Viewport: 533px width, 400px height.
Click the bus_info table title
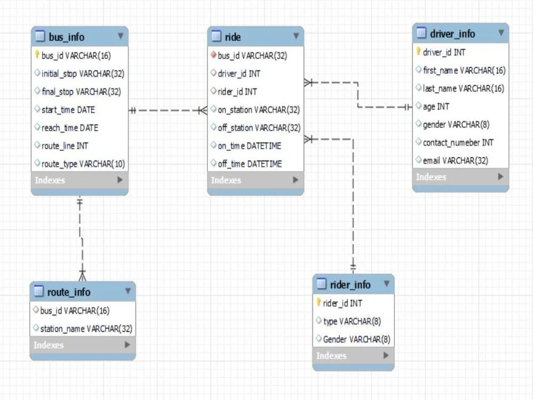pyautogui.click(x=67, y=37)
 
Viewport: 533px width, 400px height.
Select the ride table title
pyautogui.click(x=233, y=37)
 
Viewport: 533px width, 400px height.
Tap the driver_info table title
pyautogui.click(x=453, y=34)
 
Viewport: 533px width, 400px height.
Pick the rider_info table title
pyautogui.click(x=350, y=284)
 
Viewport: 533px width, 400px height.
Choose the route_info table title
pyautogui.click(x=69, y=292)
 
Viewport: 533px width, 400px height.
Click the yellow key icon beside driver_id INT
pyautogui.click(x=418, y=51)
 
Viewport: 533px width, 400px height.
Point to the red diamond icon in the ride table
pyautogui.click(x=214, y=54)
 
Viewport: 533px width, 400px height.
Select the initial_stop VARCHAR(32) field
pyautogui.click(x=83, y=74)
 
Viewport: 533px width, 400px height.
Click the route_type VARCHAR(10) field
pyautogui.click(x=83, y=164)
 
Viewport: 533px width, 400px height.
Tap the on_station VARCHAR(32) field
pyautogui.click(x=259, y=110)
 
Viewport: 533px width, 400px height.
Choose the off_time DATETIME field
pyautogui.click(x=250, y=164)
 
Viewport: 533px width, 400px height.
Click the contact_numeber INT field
pyautogui.click(x=458, y=142)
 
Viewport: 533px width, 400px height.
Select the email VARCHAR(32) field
pyautogui.click(x=456, y=161)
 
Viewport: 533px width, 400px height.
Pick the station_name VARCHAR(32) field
pyautogui.click(x=86, y=329)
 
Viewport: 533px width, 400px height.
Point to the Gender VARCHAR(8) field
pyautogui.click(x=357, y=339)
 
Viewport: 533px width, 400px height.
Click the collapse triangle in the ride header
pyautogui.click(x=296, y=36)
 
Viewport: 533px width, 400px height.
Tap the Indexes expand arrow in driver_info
pyautogui.click(x=500, y=177)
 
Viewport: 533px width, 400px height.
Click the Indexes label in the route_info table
pyautogui.click(x=49, y=345)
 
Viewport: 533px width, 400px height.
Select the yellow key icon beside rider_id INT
pyautogui.click(x=319, y=302)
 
